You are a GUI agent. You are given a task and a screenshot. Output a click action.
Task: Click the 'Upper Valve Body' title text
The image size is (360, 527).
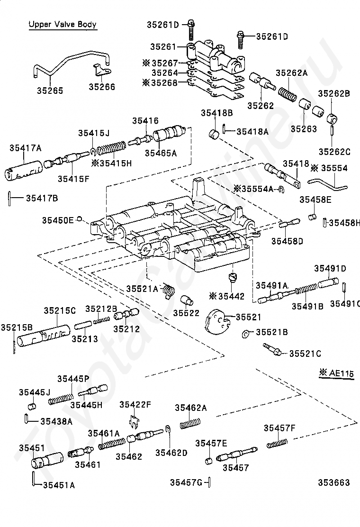(x=63, y=24)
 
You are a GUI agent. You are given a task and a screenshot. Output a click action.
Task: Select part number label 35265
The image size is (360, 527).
(x=50, y=91)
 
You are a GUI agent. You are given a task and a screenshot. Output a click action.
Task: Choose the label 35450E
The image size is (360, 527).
(x=58, y=220)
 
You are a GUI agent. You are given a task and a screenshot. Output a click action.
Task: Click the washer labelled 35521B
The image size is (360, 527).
(x=246, y=334)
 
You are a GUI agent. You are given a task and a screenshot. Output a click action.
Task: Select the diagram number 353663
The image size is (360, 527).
(x=334, y=482)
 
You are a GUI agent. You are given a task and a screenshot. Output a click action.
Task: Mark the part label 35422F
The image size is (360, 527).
(x=135, y=405)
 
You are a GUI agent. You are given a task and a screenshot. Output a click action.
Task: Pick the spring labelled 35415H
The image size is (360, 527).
(x=111, y=147)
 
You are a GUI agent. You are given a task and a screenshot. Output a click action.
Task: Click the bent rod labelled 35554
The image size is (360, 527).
(x=328, y=184)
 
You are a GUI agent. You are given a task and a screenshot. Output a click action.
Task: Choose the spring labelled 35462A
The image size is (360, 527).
(x=190, y=424)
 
